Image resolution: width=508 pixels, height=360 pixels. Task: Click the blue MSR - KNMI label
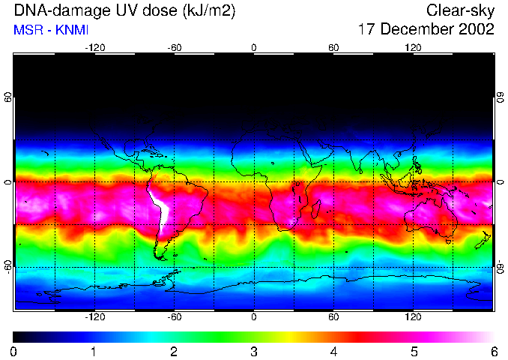pos(47,30)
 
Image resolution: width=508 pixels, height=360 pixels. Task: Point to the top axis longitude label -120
pos(94,47)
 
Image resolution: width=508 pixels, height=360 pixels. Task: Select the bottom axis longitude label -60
pos(175,316)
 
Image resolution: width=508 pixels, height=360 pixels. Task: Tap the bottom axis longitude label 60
pos(333,316)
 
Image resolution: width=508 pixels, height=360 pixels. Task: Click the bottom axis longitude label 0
pos(254,316)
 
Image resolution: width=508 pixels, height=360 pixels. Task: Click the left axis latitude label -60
pos(8,267)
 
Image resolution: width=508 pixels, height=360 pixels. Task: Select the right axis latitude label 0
pos(500,181)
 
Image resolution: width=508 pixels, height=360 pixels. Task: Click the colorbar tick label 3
pos(254,351)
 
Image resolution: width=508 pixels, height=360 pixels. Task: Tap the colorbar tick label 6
pos(493,351)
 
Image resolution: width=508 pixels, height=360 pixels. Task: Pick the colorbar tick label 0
pos(14,351)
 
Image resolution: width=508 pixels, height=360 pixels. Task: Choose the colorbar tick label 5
pos(414,351)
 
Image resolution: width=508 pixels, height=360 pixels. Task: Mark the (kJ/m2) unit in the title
pos(209,10)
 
